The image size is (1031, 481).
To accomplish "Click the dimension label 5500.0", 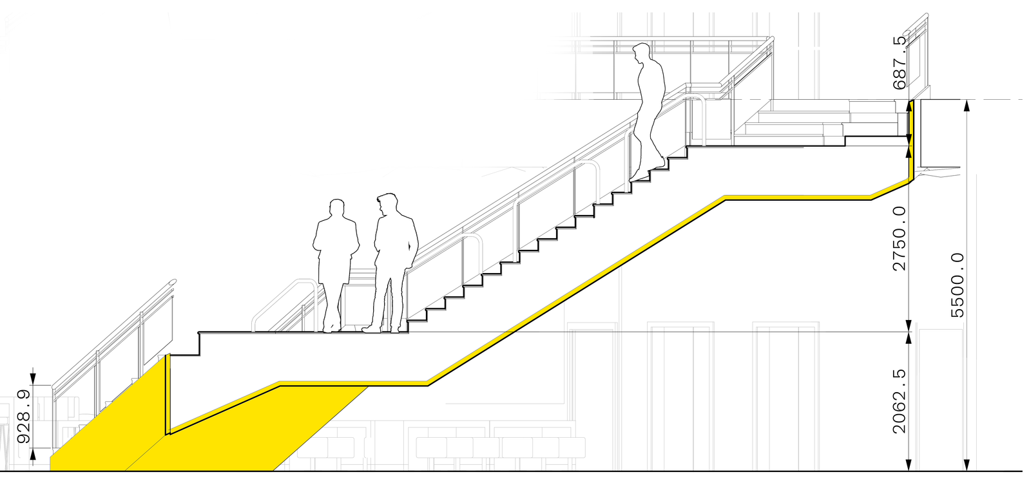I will [958, 285].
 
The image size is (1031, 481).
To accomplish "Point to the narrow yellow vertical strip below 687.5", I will [912, 138].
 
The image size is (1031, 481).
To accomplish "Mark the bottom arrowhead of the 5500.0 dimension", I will [967, 466].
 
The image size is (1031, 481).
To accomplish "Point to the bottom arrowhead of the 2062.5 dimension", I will [909, 466].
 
